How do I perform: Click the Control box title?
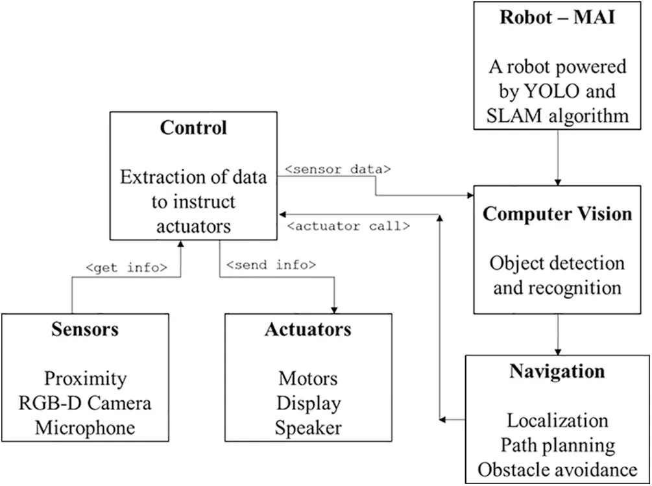pos(193,128)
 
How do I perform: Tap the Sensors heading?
pos(85,330)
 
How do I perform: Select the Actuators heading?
pos(308,330)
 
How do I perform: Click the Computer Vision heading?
pos(557,214)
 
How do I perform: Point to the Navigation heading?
pos(557,371)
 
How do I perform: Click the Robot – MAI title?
pos(557,17)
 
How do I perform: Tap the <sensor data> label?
pos(337,170)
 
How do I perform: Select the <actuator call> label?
pos(348,226)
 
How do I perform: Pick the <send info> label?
pos(271,265)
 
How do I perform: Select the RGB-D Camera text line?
pos(85,403)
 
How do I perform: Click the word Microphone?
pos(85,428)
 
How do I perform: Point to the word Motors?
pos(308,378)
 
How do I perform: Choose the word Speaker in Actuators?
pos(308,428)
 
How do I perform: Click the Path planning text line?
pos(557,445)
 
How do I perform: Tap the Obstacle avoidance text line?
pos(557,469)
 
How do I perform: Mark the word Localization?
pos(557,420)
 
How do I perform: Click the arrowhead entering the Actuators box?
pos(334,309)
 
